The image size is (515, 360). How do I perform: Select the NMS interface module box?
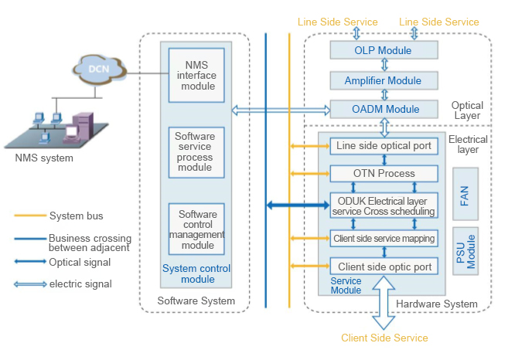pos(196,75)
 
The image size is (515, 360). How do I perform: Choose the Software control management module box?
pos(196,229)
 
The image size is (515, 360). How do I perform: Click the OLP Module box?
pos(384,50)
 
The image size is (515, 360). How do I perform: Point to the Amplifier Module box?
pos(384,80)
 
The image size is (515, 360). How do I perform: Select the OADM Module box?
pos(384,109)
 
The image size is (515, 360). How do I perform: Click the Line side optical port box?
pos(384,145)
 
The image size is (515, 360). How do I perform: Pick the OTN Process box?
pos(384,174)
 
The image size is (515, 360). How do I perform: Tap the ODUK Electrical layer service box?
pos(384,206)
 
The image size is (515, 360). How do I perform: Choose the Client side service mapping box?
pos(384,238)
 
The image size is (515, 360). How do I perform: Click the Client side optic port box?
pos(384,267)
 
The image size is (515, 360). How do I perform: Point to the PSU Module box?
pos(466,252)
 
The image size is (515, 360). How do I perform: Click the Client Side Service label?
pos(384,338)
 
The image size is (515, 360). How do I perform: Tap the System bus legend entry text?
pos(76,216)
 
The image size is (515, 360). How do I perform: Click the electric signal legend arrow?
pos(30,284)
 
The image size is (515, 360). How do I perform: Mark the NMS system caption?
pos(44,158)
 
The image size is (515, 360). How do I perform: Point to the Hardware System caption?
pos(437,304)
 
